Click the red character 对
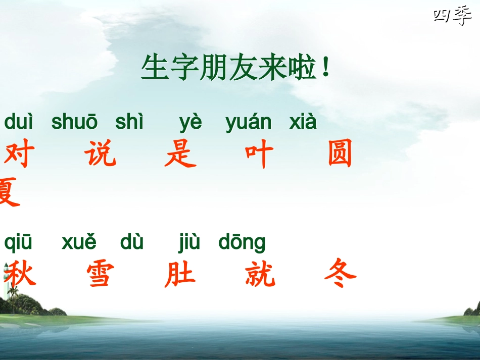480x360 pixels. coord(17,155)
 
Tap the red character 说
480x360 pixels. coord(101,155)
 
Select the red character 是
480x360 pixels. coord(180,155)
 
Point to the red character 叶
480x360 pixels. coord(259,155)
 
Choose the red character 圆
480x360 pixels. coord(340,155)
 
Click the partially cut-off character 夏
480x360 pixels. coord(9,192)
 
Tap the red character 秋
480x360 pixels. coord(20,274)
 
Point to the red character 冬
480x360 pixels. coord(340,274)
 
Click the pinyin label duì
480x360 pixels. coord(19,122)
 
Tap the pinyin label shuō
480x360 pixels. coord(74,122)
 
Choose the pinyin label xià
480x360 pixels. coord(303,122)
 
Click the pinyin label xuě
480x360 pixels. coord(79,243)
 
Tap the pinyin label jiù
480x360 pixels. coord(189,243)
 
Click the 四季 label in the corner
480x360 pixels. coord(452,17)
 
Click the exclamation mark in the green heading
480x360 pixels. coord(325,69)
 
